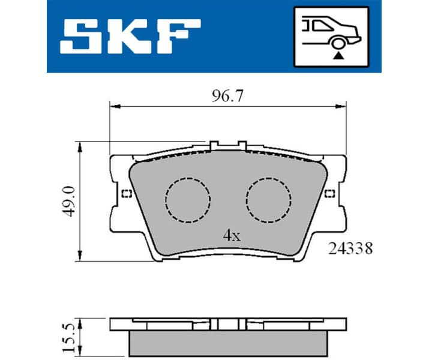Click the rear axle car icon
point(330,36)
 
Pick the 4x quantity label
point(232,236)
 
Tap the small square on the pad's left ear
point(125,193)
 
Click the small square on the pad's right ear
point(329,193)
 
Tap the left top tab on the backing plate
point(214,145)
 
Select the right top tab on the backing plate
point(242,145)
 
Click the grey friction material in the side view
point(228,341)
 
